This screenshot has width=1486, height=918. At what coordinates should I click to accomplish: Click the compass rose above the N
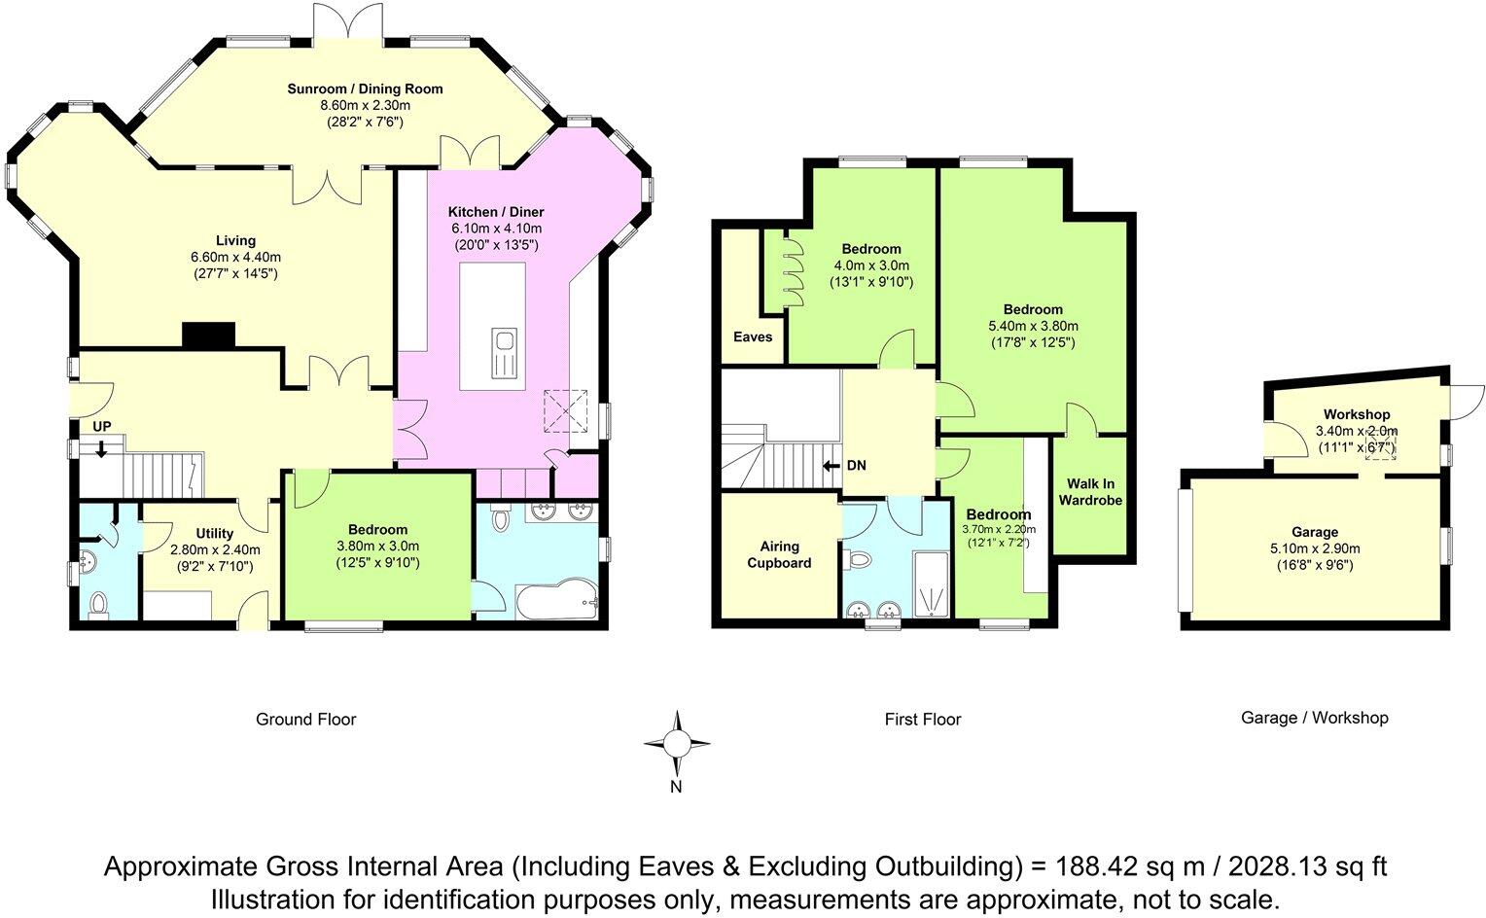click(677, 744)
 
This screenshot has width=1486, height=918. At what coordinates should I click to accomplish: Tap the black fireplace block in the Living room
click(209, 335)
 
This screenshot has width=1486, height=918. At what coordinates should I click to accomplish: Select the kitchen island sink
click(505, 354)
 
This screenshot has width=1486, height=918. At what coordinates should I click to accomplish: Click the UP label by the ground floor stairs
click(101, 427)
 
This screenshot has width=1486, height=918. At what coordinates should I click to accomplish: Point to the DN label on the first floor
click(857, 466)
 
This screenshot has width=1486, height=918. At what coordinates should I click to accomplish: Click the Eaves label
click(753, 336)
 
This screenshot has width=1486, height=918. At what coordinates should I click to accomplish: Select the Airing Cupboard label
click(780, 554)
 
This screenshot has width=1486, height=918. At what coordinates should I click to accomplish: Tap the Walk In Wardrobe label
click(1090, 492)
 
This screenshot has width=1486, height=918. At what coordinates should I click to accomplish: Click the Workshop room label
click(1357, 414)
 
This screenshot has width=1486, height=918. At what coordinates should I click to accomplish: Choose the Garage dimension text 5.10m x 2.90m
click(1315, 548)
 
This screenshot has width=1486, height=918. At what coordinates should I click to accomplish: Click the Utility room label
click(214, 533)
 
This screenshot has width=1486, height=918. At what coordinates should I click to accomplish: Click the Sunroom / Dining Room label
click(365, 88)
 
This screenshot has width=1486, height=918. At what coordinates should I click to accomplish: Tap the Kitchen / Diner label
click(496, 212)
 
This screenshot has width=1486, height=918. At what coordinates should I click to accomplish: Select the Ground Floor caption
click(305, 720)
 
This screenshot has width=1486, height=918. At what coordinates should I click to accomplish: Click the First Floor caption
click(923, 720)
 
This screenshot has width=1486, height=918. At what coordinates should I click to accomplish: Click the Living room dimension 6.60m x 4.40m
click(235, 257)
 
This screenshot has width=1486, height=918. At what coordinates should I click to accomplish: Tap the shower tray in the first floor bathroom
click(931, 583)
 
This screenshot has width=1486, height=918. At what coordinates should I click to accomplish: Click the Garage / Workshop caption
click(1314, 718)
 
